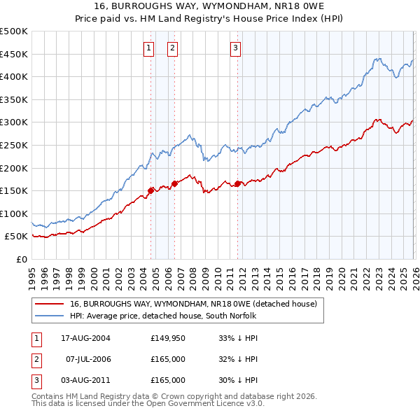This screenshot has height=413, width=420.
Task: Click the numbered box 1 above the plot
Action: [150, 48]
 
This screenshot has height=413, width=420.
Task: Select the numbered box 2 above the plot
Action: [172, 48]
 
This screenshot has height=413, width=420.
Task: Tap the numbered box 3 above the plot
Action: [236, 48]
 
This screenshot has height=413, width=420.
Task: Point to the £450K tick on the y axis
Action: [14, 54]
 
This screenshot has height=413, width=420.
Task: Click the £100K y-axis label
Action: [14, 213]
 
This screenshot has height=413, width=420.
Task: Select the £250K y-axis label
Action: [14, 145]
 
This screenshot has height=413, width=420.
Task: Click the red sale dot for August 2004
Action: [150, 190]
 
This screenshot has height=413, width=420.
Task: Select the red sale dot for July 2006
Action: [174, 183]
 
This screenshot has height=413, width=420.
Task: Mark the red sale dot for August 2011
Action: [237, 183]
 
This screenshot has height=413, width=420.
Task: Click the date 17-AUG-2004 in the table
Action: [85, 337]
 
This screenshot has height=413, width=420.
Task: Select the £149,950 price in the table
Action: [168, 337]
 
